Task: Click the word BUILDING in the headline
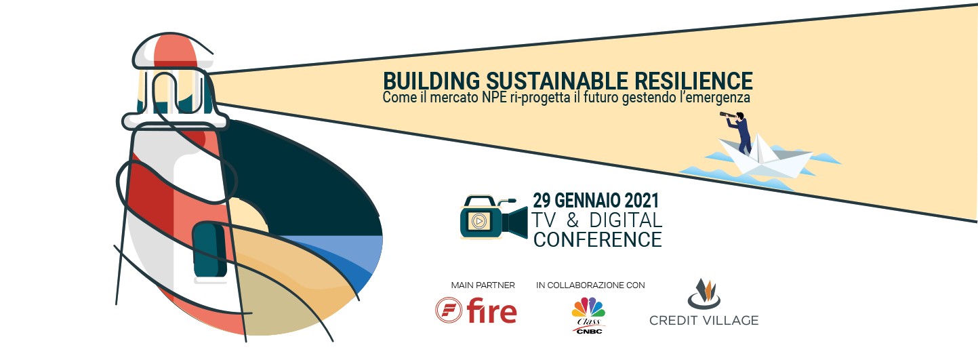click(x=431, y=81)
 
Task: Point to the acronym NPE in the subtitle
click(x=494, y=97)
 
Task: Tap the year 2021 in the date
click(x=641, y=201)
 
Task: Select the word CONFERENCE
click(x=597, y=239)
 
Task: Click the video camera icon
click(x=494, y=218)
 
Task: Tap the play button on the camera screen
click(x=478, y=221)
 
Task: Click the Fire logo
click(x=476, y=311)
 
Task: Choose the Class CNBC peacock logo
click(x=588, y=315)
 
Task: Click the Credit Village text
click(x=704, y=320)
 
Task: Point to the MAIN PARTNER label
click(x=483, y=285)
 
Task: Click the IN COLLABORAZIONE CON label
click(x=590, y=285)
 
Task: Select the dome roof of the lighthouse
click(x=171, y=51)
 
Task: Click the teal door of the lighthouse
click(x=210, y=249)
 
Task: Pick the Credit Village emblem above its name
click(x=704, y=294)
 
